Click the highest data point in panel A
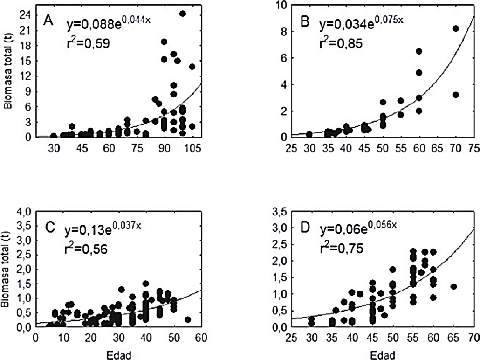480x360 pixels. pyautogui.click(x=183, y=14)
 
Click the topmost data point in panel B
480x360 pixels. pyautogui.click(x=456, y=28)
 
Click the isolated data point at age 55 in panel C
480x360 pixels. pyautogui.click(x=188, y=319)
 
